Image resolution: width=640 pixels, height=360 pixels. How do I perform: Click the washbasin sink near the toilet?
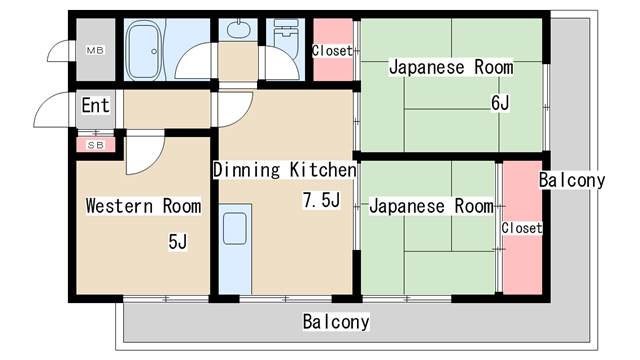238,29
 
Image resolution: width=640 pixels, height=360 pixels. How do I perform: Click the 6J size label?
499,102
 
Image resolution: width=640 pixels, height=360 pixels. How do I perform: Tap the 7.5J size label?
322,201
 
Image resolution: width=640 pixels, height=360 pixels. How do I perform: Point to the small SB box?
95,145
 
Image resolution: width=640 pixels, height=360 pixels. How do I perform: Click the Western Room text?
143,206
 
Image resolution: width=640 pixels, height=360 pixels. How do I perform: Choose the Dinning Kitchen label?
284,170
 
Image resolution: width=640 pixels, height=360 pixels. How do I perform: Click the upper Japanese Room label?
451,68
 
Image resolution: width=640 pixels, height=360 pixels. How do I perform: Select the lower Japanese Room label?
431,206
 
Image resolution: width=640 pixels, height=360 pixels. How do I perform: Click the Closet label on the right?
521,228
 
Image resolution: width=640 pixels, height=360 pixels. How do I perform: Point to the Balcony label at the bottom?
336,322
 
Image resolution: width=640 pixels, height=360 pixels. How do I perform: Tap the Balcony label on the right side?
571,181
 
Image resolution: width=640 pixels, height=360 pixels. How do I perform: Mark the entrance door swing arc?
50,110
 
